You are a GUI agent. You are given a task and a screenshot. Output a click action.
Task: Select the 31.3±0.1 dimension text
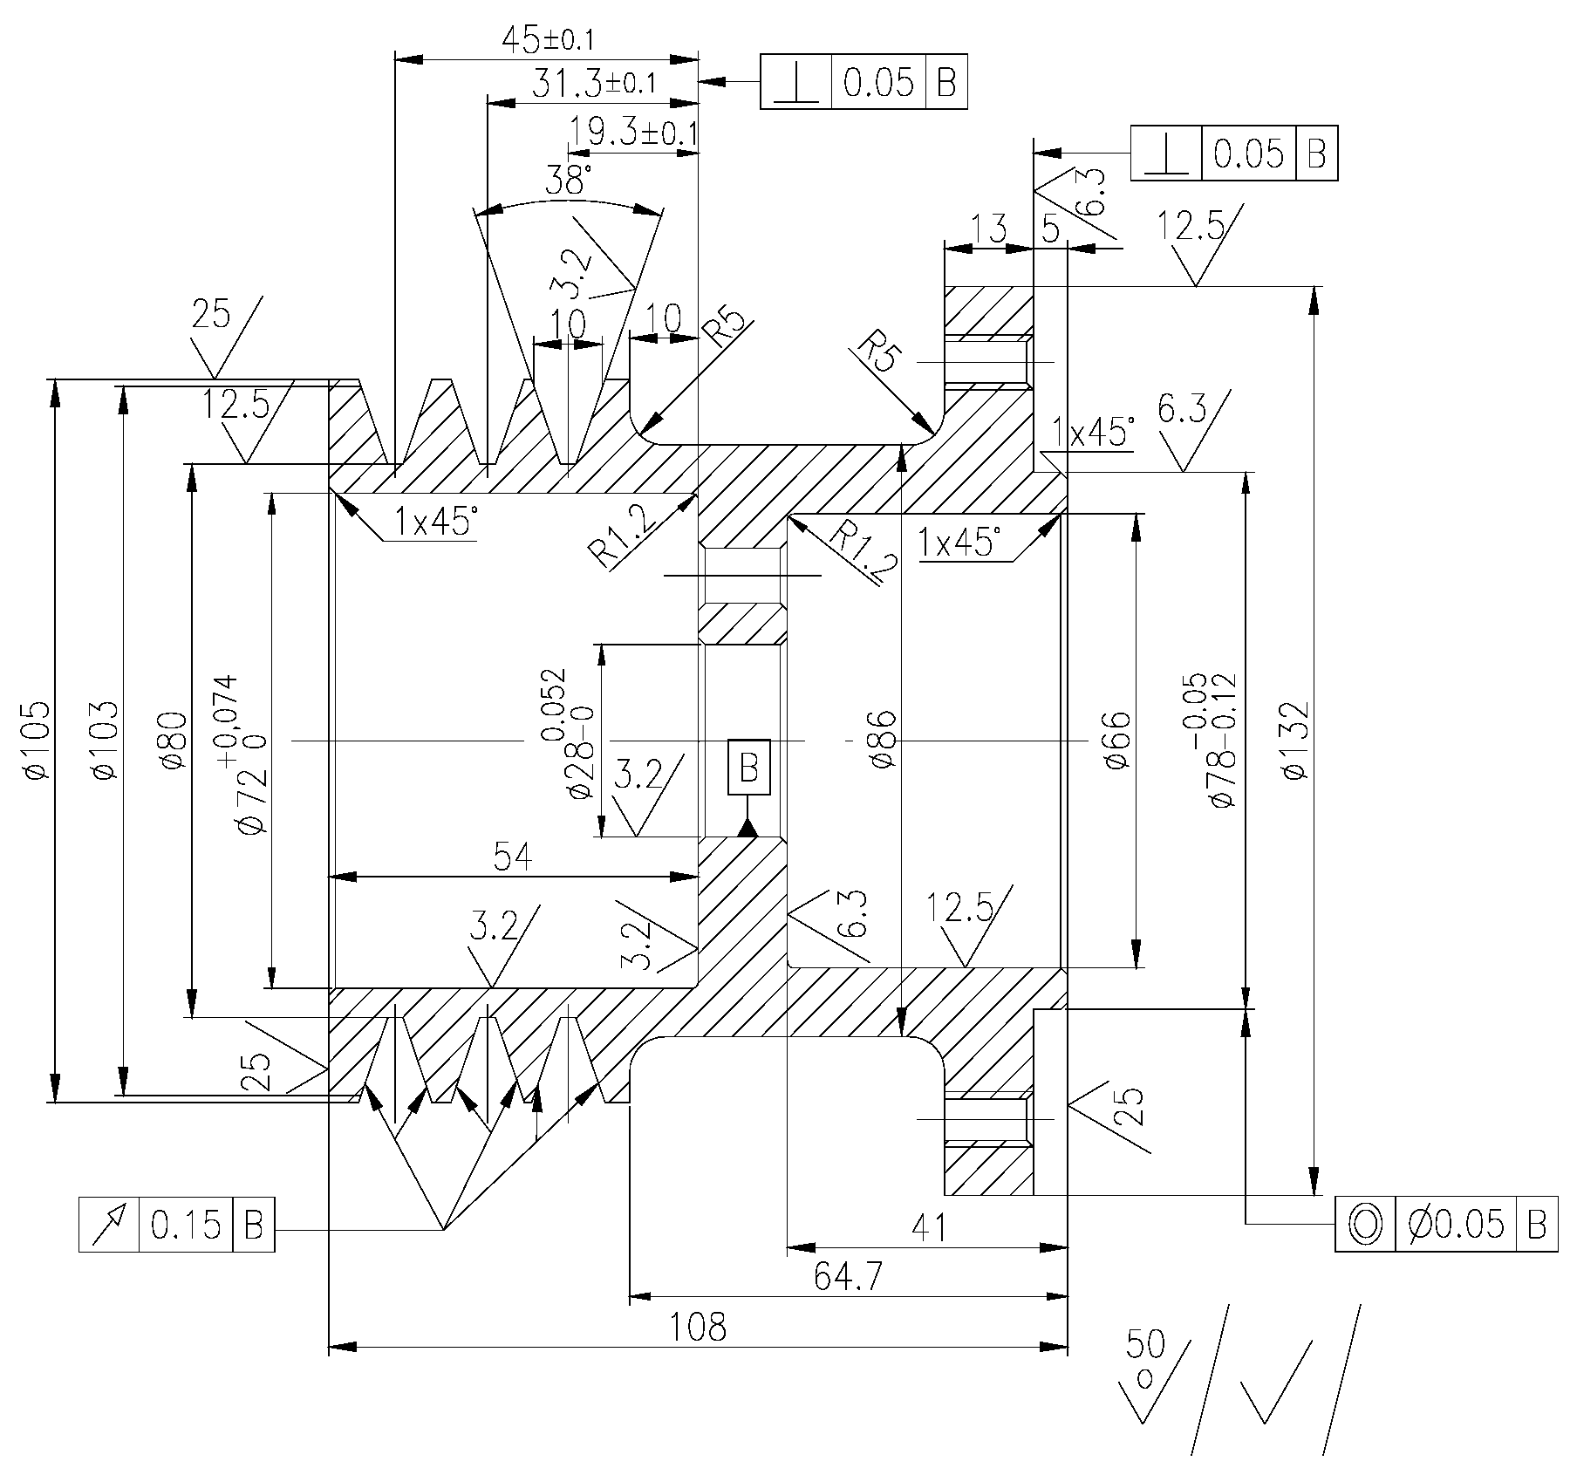tap(594, 84)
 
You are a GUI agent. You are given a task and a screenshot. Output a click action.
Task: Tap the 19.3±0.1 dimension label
tap(632, 133)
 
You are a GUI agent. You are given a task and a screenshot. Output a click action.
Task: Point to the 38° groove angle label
tap(568, 181)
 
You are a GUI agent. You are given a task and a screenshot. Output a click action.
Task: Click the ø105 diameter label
tap(35, 740)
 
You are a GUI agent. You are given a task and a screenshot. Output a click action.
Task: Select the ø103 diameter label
tap(104, 740)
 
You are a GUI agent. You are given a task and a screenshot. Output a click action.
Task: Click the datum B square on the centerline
tap(749, 768)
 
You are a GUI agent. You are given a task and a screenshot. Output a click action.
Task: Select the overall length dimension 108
tap(697, 1327)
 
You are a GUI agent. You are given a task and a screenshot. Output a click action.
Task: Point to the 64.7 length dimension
tap(848, 1277)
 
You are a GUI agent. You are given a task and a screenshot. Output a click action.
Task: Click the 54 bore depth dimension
tap(513, 857)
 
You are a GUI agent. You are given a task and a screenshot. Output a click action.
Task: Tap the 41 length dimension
tap(928, 1228)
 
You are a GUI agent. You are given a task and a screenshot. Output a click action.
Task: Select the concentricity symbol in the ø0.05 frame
tap(1365, 1225)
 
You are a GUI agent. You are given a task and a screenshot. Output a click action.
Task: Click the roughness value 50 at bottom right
tap(1145, 1344)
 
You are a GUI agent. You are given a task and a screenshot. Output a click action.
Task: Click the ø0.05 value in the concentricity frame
tap(1456, 1225)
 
